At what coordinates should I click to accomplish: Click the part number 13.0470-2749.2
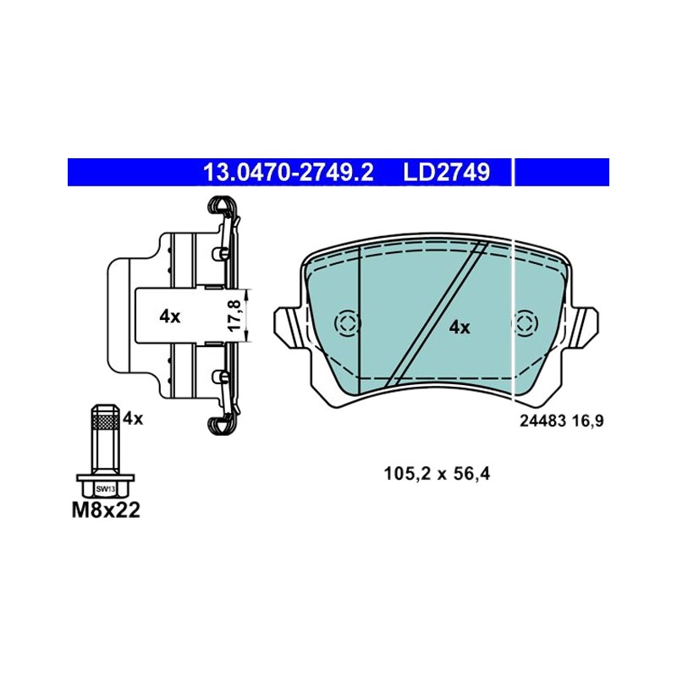pos(288,173)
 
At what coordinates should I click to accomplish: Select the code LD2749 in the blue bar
pos(447,173)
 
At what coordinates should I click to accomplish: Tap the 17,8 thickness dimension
pos(234,316)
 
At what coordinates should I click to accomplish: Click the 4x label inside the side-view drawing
pos(170,316)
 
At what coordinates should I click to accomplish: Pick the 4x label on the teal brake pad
pos(460,327)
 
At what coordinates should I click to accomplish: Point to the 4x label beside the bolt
pos(133,418)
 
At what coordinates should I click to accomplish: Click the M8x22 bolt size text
pos(106,510)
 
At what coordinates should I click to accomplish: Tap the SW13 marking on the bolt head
pos(106,489)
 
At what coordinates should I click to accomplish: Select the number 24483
pos(542,421)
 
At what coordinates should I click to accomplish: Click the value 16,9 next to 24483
pos(587,421)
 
